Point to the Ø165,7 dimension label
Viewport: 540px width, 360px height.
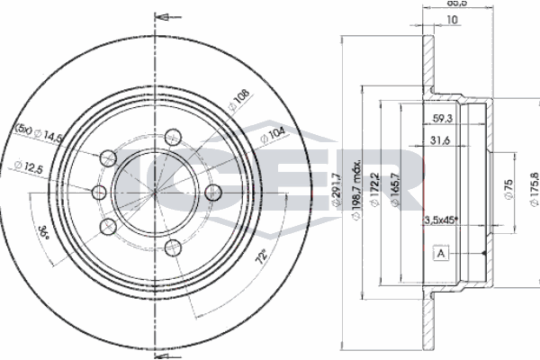coord(396,189)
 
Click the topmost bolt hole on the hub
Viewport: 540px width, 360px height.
coord(175,137)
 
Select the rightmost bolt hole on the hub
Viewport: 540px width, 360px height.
coord(215,191)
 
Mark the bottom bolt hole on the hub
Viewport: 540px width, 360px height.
coord(174,247)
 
